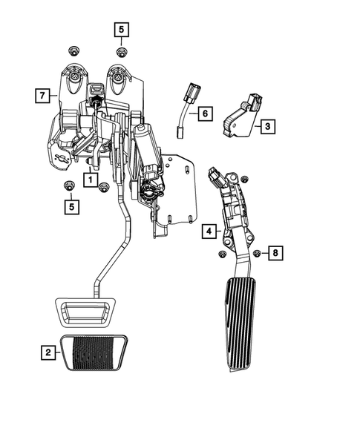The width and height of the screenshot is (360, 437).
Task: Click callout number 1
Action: tap(89, 179)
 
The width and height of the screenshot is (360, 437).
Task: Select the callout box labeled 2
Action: tap(47, 352)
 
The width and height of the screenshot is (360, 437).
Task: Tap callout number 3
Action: tap(266, 126)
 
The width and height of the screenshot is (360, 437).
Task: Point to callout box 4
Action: tap(210, 232)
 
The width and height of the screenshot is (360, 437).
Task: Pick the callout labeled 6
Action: tap(204, 114)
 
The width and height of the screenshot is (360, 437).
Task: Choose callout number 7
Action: tap(42, 95)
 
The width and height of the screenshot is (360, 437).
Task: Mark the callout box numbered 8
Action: tap(275, 254)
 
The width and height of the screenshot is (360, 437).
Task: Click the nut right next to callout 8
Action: tap(257, 254)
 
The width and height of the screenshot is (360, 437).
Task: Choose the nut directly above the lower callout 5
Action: tap(71, 185)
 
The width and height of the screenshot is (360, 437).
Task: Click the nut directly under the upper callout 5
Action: tap(121, 51)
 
